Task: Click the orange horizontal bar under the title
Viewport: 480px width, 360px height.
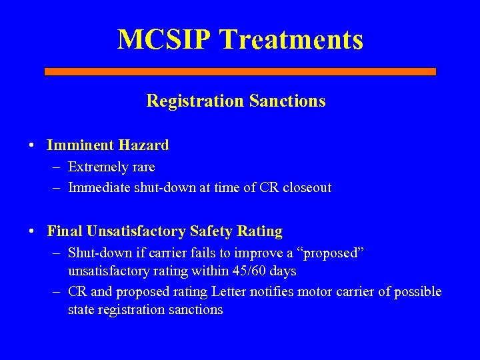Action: [x=240, y=71]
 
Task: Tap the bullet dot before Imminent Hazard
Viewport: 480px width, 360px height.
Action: [x=32, y=145]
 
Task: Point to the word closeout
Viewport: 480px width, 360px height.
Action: [x=305, y=187]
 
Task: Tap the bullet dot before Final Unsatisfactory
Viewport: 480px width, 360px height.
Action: [x=32, y=232]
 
